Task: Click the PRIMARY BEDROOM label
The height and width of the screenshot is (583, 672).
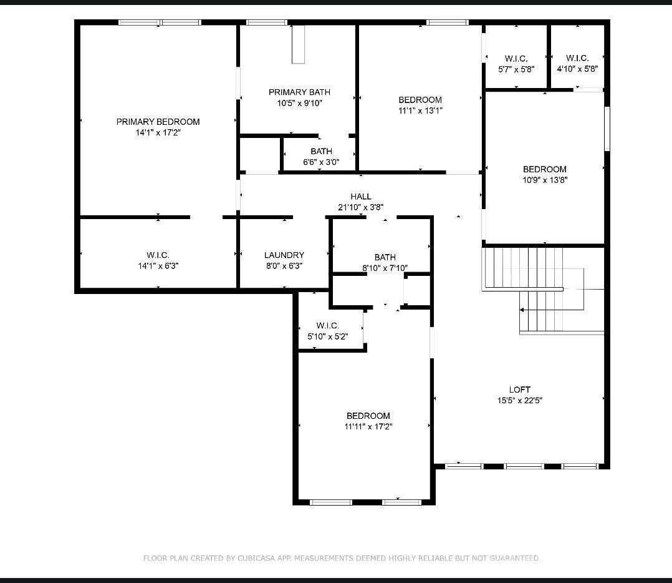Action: pos(158,122)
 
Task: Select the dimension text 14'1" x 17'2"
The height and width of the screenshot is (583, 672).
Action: pos(158,132)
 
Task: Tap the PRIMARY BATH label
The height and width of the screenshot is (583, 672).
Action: pos(299,92)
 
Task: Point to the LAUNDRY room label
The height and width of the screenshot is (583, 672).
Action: pos(284,255)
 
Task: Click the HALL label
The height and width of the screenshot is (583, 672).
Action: pos(360,197)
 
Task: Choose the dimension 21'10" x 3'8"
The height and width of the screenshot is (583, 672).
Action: pos(360,207)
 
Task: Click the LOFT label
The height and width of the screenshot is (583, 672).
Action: pos(519,389)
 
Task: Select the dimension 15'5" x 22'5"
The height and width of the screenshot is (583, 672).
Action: pos(519,401)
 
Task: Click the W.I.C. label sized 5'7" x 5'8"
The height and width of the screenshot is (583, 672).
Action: pos(516,59)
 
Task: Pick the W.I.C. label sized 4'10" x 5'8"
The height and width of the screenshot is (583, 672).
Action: pos(577,59)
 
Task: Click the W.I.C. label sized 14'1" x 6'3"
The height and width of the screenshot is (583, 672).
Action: pos(158,255)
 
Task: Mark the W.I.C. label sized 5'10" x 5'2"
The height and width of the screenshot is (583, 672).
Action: pos(327,326)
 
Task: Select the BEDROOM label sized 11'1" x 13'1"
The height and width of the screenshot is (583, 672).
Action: pos(420,100)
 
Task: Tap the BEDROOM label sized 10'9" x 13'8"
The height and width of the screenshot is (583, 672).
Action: pos(544,169)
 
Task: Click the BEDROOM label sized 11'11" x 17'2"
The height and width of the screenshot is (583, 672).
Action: pos(368,416)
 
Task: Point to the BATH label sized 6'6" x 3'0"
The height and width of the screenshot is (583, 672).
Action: pos(321,151)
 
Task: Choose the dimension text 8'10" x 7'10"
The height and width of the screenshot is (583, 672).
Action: pos(385,268)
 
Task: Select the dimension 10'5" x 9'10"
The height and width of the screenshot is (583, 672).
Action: pos(299,103)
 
